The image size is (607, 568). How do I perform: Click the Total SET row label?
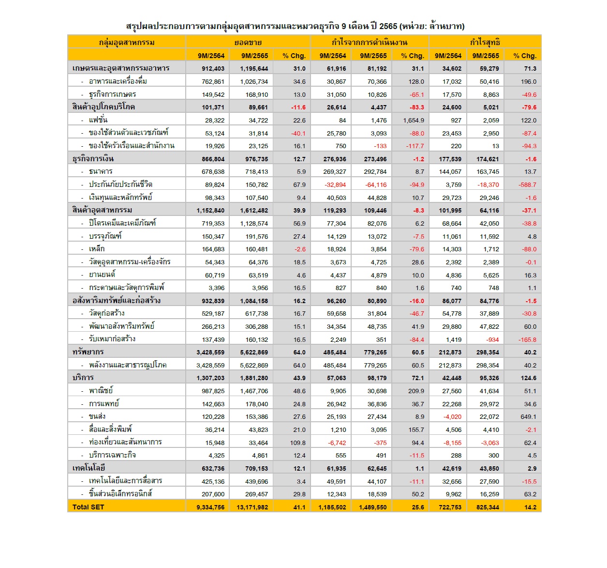(88, 507)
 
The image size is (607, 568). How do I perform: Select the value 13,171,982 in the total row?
(252, 507)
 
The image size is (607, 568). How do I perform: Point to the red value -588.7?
(527, 185)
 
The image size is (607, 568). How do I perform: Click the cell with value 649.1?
(528, 417)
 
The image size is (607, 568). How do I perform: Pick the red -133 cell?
(380, 146)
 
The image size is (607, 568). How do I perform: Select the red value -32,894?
(335, 185)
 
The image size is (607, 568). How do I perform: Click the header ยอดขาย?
(248, 42)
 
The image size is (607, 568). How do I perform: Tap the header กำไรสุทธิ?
(485, 42)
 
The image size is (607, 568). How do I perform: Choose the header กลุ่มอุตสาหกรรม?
(127, 42)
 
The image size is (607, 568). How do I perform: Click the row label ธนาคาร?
(101, 171)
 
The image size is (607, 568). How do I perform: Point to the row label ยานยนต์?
(102, 275)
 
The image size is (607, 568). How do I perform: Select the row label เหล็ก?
(97, 249)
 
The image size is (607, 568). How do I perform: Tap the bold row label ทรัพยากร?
(88, 352)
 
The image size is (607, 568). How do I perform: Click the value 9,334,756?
(210, 507)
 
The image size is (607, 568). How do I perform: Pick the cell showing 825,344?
(486, 507)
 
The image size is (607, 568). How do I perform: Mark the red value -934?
(492, 340)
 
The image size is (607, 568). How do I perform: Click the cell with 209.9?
(415, 391)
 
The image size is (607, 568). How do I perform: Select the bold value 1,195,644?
(254, 69)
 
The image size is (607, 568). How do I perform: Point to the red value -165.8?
(527, 340)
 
